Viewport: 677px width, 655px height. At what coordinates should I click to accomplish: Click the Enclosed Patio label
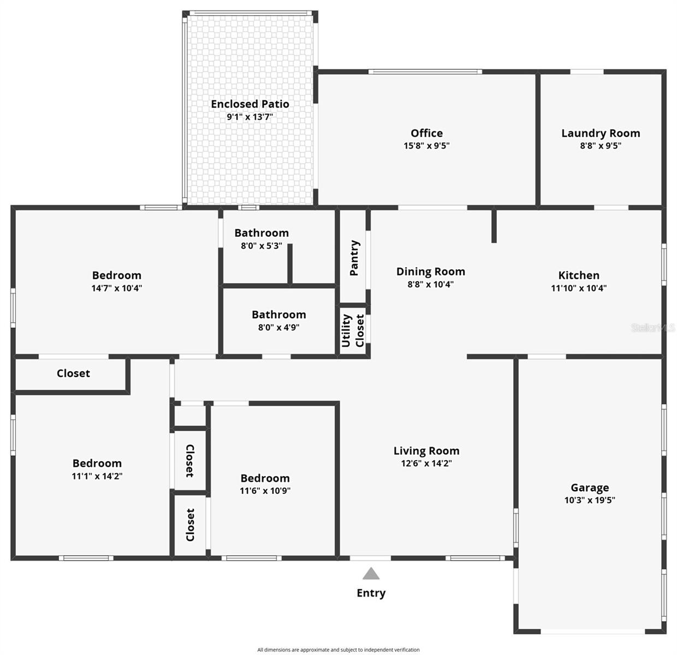tap(250, 104)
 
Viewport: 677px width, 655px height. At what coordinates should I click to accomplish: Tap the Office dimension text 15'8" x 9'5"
tap(426, 146)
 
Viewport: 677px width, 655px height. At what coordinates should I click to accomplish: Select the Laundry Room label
tap(601, 133)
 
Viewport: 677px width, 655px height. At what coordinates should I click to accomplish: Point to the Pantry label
tap(354, 258)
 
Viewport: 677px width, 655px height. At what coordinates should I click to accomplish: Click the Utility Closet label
tap(353, 330)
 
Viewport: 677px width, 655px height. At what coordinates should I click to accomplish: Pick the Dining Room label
tap(431, 271)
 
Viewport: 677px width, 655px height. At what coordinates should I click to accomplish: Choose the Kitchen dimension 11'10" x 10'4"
tap(579, 288)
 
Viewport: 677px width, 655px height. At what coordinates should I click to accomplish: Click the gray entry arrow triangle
tap(371, 574)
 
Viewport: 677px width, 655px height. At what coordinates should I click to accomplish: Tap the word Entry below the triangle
tap(371, 593)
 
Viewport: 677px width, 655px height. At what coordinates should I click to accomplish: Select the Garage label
tap(590, 487)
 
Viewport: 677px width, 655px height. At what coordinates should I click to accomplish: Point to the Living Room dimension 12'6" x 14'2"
tap(426, 463)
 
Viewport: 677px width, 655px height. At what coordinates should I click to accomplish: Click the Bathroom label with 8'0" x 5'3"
tap(262, 233)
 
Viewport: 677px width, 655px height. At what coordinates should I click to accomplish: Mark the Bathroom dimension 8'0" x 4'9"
tap(278, 327)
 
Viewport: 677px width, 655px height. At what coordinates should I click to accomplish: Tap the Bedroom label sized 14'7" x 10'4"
tap(116, 275)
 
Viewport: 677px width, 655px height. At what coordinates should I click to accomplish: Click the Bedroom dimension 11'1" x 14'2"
tap(97, 476)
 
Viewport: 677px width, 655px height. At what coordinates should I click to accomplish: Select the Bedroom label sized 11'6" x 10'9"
tap(265, 478)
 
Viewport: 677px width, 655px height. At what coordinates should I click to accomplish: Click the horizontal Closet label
tap(73, 373)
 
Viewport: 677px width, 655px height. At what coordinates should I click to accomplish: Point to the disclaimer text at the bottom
tap(339, 650)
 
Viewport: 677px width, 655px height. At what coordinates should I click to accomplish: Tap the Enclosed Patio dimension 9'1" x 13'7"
tap(250, 117)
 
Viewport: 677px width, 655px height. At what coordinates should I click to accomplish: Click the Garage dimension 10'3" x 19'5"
tap(590, 500)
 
